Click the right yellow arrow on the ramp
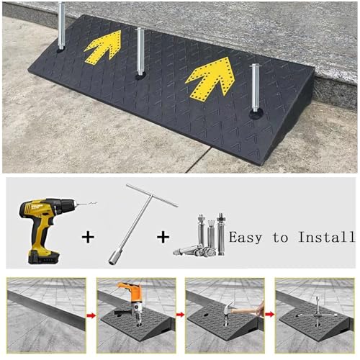coord(212,77)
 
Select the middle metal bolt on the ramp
coord(140,52)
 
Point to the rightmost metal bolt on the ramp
coord(255,88)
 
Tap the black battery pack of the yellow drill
coord(44,257)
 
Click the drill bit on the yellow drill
coord(87,204)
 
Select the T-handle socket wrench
coord(142,224)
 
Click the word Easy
coord(246,238)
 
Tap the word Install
coord(326,236)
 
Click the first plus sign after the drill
coord(88,237)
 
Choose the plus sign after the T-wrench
coord(163,237)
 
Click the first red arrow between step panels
coord(91,315)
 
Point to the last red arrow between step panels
coord(270,314)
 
